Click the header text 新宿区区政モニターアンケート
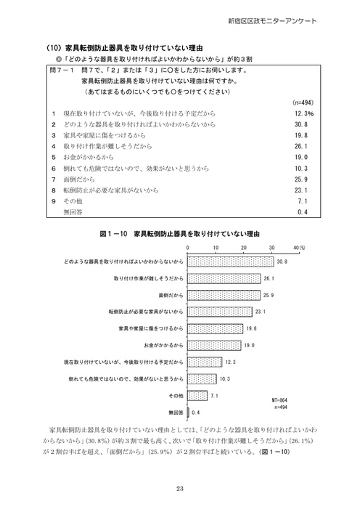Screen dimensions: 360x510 298,20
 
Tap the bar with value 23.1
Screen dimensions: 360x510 219,312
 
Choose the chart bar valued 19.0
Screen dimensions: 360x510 213,345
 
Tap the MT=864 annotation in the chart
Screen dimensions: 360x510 280,400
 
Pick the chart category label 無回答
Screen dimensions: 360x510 175,413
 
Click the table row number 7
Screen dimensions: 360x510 54,177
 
